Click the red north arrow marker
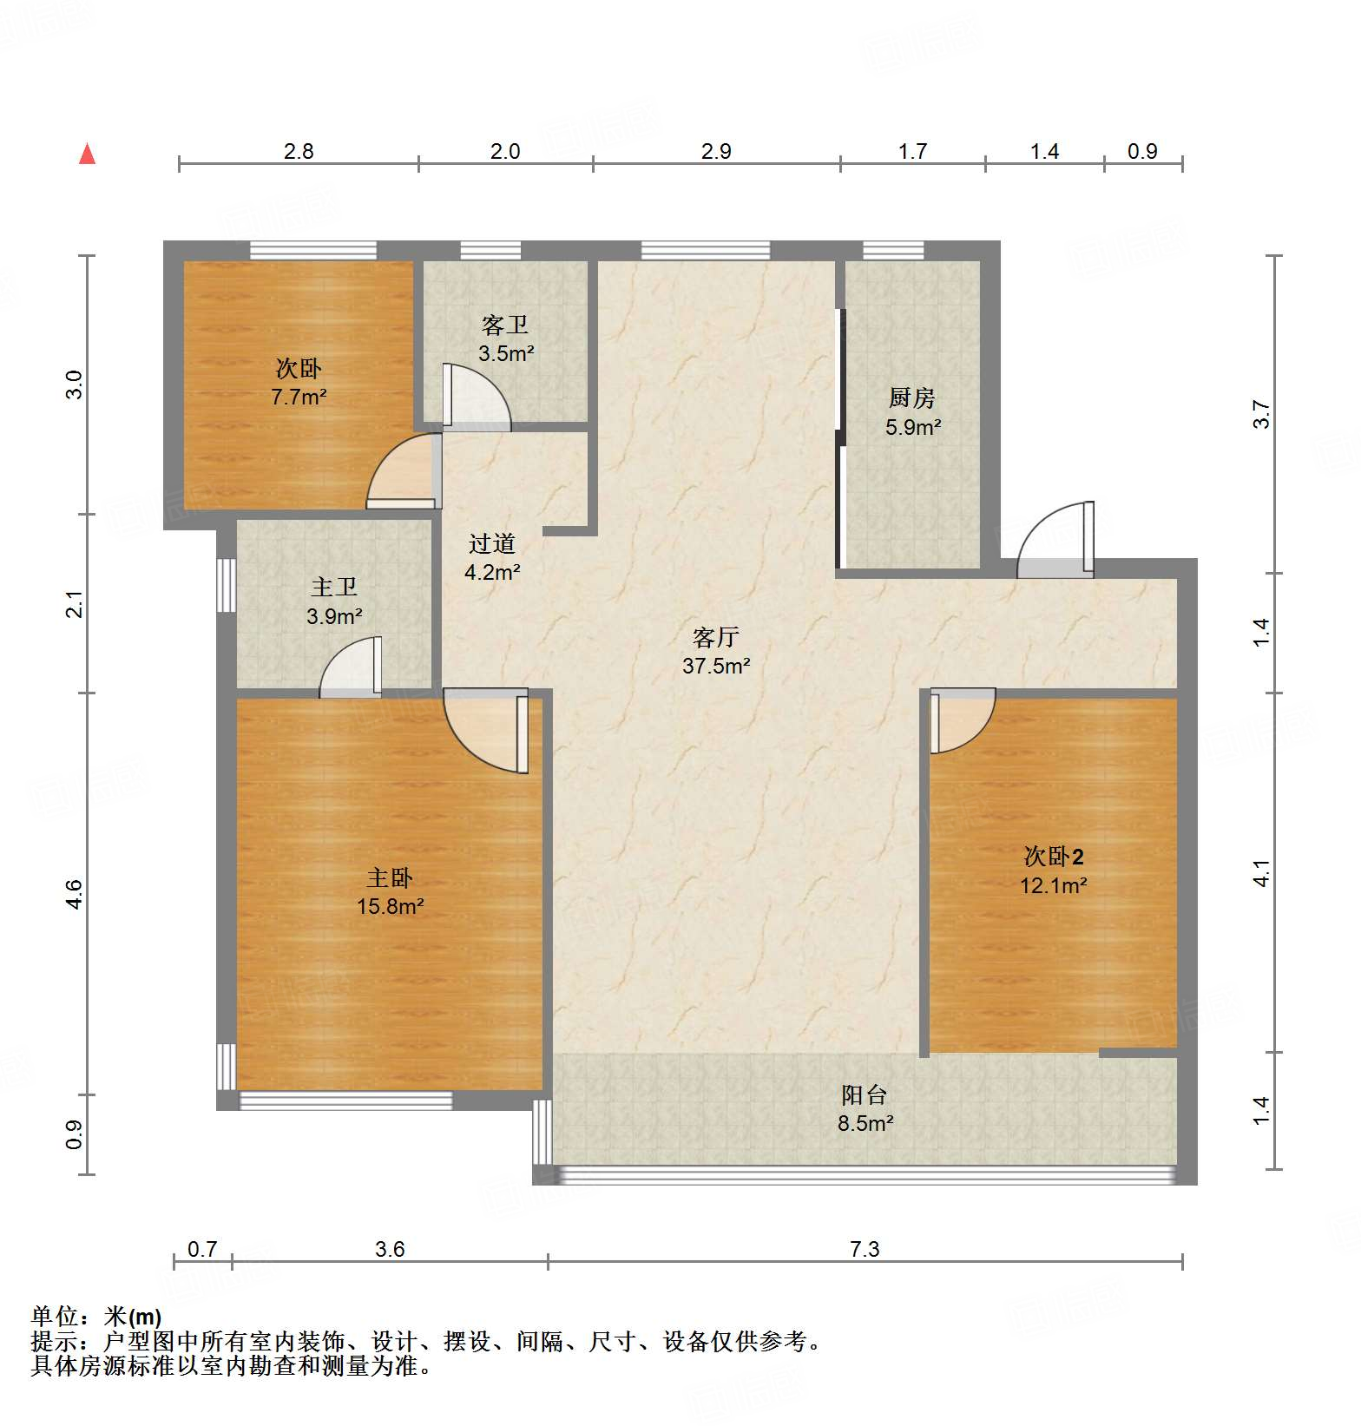coord(87,154)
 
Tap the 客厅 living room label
coord(715,638)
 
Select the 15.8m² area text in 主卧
coord(390,907)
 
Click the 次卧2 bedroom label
coord(1053,858)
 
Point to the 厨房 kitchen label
coord(912,398)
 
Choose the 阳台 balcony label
coord(865,1095)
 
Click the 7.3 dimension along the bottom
coord(865,1249)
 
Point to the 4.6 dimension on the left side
coord(75,894)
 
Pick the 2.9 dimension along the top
coord(716,151)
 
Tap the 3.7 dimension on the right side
coord(1261,414)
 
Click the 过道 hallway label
coord(492,544)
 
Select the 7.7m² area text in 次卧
coord(299,398)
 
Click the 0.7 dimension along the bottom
coord(202,1249)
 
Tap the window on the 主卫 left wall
coord(227,585)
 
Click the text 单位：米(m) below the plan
coord(96,1317)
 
